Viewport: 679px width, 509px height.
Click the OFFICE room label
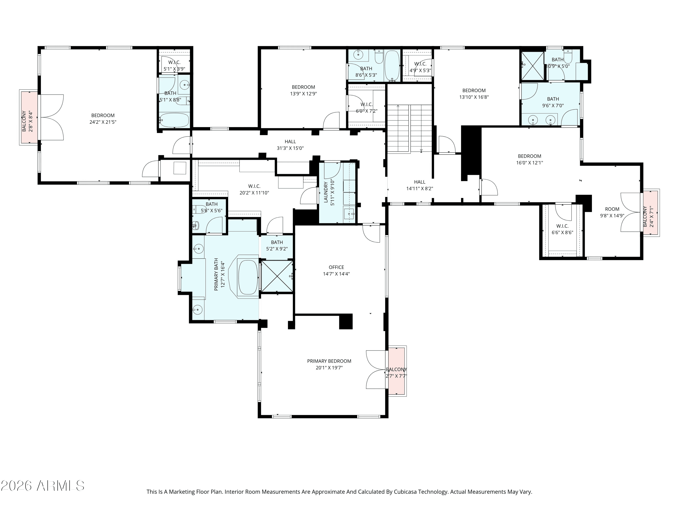coord(336,267)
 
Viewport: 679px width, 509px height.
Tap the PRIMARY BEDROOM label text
coord(329,361)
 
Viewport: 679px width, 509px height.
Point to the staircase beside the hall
coord(409,128)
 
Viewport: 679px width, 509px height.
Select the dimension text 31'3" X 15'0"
coord(290,148)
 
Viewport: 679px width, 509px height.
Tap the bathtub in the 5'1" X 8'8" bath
coord(174,120)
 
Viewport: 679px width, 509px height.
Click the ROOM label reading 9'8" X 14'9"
coord(612,209)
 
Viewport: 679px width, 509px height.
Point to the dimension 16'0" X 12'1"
coord(530,163)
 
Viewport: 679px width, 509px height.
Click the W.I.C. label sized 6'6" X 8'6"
coord(562,226)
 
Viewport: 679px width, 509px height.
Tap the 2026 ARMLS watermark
coord(43,486)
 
